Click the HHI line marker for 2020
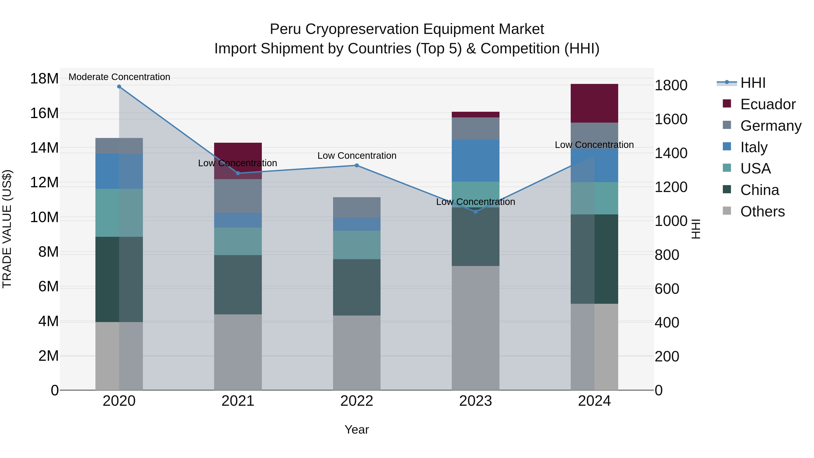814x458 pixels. click(x=119, y=87)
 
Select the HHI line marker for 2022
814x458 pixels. click(x=357, y=165)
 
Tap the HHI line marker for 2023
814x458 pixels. click(x=476, y=212)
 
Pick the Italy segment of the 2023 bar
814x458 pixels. click(x=476, y=161)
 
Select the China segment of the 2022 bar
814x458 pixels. click(x=357, y=287)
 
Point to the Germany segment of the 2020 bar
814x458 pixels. click(x=119, y=146)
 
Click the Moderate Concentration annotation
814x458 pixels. click(x=119, y=77)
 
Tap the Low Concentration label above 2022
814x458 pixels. click(x=357, y=156)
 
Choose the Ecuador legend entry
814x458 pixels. click(x=768, y=104)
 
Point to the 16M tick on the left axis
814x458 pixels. click(x=44, y=113)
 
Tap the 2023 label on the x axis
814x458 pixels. click(x=476, y=401)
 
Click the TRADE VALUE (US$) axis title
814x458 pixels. click(x=7, y=229)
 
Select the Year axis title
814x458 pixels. click(x=357, y=430)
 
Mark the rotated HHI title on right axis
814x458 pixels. click(x=696, y=229)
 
